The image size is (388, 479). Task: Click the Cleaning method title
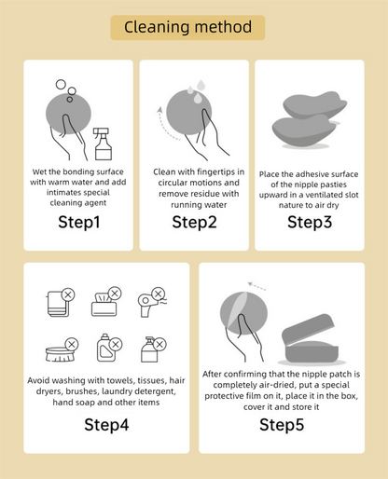click(187, 27)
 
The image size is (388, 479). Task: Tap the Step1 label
click(79, 222)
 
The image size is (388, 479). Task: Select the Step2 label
click(194, 222)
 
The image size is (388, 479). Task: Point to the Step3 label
click(310, 222)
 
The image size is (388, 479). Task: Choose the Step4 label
click(106, 425)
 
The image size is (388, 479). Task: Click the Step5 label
click(282, 425)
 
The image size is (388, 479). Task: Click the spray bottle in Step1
click(103, 144)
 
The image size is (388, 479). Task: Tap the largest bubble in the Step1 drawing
click(61, 84)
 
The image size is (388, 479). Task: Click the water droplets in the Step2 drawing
click(197, 91)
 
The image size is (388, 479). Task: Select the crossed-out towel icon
click(62, 302)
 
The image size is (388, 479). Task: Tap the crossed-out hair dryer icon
click(152, 302)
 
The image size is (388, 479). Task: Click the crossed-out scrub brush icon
click(62, 350)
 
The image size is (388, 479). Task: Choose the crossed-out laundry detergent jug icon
click(109, 348)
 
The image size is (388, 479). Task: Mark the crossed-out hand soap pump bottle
click(154, 349)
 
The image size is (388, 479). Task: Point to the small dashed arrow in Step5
click(256, 286)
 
